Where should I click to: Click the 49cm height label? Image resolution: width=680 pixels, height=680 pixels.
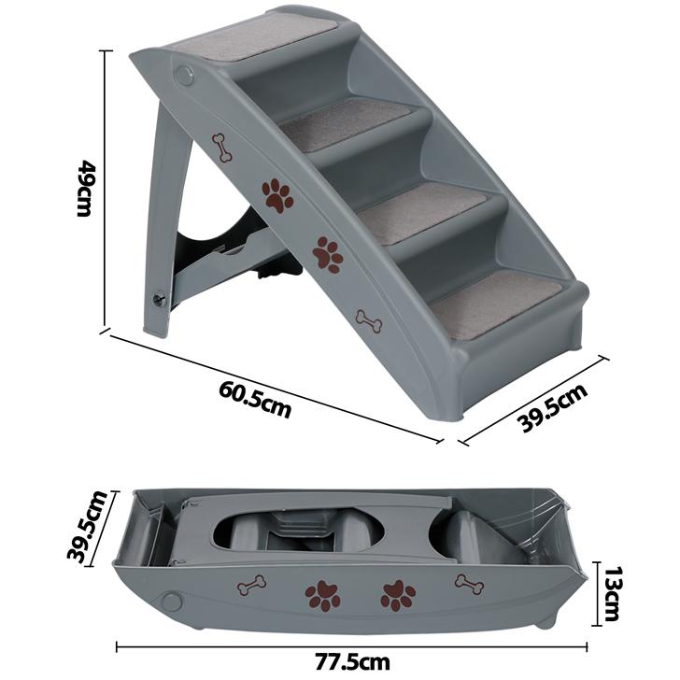click(x=84, y=189)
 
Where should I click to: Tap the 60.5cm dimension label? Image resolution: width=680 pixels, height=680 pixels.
click(x=255, y=399)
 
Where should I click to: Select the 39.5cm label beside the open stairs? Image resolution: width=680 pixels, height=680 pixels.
click(x=553, y=407)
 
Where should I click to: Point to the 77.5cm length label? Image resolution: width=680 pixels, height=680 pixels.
click(x=352, y=662)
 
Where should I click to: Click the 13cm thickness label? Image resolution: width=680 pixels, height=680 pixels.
click(x=612, y=594)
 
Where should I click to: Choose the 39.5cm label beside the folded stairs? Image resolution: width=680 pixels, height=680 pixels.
click(x=87, y=527)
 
